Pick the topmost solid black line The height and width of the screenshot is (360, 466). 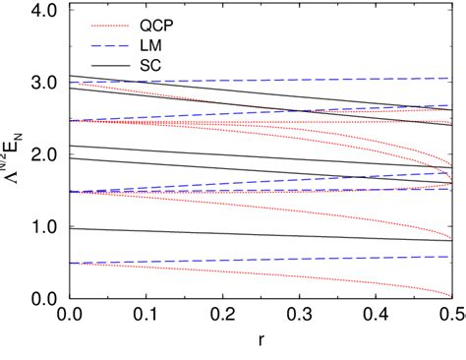pyautogui.click(x=246, y=99)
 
